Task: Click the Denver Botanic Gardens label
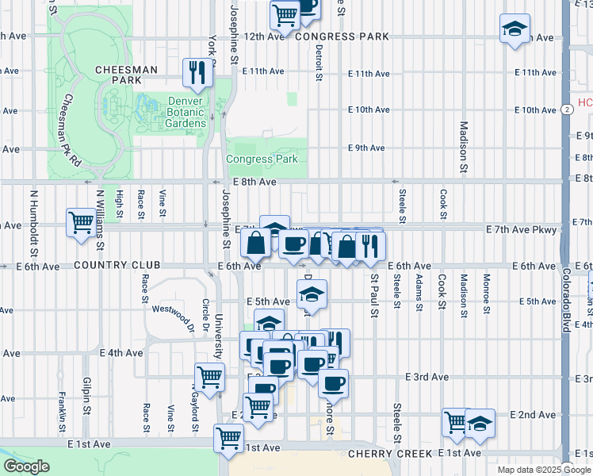click(186, 112)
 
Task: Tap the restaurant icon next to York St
click(195, 72)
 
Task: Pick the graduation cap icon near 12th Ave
click(515, 29)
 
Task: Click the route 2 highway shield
click(567, 109)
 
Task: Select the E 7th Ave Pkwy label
click(522, 229)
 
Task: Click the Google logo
click(26, 466)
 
